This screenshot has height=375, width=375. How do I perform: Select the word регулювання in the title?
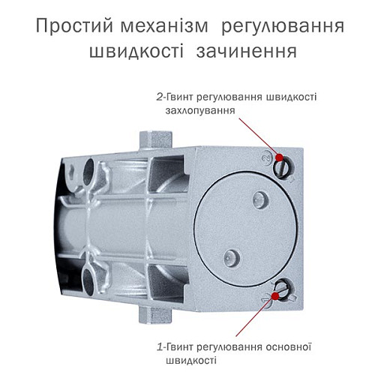293,28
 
